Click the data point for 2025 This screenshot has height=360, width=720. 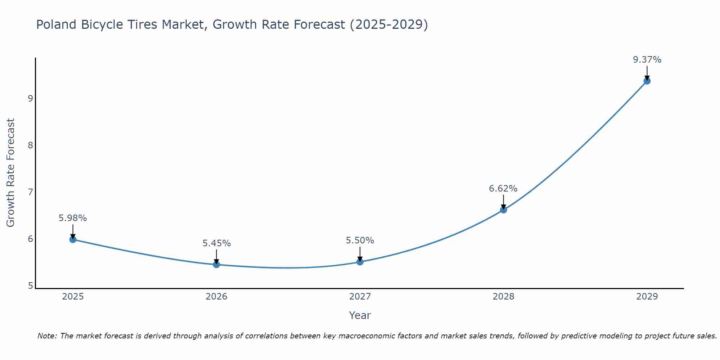tap(73, 239)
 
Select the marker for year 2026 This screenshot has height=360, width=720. tap(216, 265)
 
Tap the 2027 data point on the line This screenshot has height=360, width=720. tap(360, 262)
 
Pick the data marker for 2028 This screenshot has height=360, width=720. tap(503, 210)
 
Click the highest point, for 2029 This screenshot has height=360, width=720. tap(647, 81)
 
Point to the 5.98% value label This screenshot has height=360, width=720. tap(73, 218)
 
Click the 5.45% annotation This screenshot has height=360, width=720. tap(216, 243)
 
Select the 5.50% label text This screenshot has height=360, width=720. tap(360, 240)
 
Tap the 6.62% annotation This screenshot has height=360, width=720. tap(503, 189)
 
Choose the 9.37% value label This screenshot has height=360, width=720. tap(647, 60)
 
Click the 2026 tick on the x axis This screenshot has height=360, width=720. tap(216, 297)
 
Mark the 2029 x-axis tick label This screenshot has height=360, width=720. tap(647, 297)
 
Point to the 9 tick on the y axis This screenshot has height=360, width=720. tap(31, 98)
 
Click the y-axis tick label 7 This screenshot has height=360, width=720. tap(31, 192)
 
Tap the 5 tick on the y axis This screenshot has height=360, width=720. tap(31, 286)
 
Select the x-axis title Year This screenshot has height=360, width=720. tap(360, 315)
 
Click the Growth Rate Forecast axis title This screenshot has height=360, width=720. tap(11, 173)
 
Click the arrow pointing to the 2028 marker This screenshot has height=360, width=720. tap(503, 202)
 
